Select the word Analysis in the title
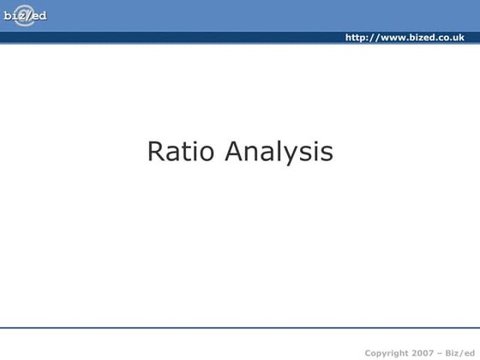pos(279,153)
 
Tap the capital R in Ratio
pos(156,152)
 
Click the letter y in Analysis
pos(297,155)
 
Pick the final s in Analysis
pos(326,154)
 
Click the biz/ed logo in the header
pos(24,16)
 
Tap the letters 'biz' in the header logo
pos(15,16)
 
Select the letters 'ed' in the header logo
pos(39,16)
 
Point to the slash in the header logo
pos(27,16)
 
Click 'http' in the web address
pos(357,38)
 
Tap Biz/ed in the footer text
pos(460,352)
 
